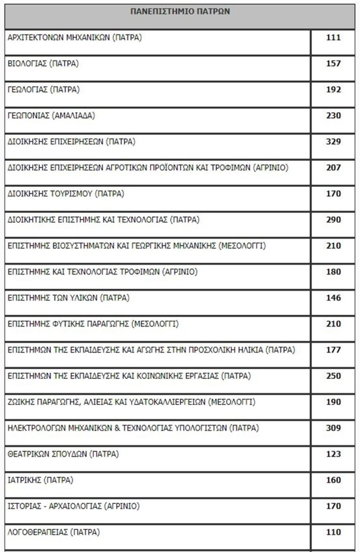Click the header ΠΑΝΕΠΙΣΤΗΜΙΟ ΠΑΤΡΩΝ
point(180,12)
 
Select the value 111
point(333,38)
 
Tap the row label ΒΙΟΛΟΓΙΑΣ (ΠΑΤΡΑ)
point(43,64)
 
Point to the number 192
point(333,90)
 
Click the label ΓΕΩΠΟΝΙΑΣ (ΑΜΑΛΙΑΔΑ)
point(52,116)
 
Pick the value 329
point(333,142)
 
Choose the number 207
point(333,167)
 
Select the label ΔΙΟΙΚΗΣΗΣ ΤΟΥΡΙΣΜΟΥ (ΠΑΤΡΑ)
point(66,194)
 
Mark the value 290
point(333,219)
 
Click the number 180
point(333,272)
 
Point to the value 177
point(333,350)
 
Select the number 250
point(333,376)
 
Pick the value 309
point(333,428)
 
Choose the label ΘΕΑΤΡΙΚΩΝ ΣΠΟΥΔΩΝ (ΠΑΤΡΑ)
point(63,454)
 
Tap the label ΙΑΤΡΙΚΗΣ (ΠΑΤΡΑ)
point(41,480)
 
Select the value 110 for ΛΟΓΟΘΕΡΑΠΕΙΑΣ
point(333,532)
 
